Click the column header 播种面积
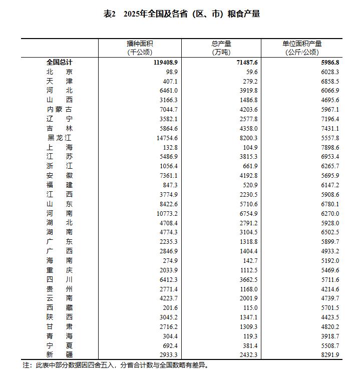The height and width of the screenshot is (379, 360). tap(140, 44)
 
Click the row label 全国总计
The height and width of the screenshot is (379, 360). tap(59, 63)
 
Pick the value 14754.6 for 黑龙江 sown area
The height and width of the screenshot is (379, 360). tap(165, 138)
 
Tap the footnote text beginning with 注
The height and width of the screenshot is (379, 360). tap(115, 365)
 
